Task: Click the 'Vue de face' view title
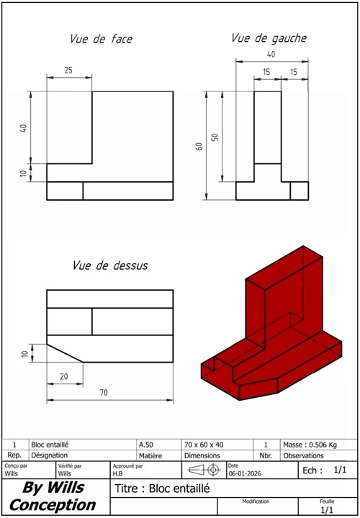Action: point(101,39)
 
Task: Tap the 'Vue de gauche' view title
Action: point(269,37)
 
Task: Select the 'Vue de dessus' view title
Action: point(110,265)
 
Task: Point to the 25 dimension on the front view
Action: point(68,70)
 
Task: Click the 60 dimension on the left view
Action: point(199,146)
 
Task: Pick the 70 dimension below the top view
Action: point(104,393)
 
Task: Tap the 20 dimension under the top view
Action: point(64,376)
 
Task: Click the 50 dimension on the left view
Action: point(215,137)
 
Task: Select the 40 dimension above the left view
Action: point(271,55)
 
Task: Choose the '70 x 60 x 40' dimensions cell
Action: point(204,445)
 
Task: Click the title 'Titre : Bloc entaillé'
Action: point(162,489)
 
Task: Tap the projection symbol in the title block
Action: point(204,471)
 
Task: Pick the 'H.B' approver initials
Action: point(117,474)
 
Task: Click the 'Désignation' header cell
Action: point(49,455)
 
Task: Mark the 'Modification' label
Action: point(256,501)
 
